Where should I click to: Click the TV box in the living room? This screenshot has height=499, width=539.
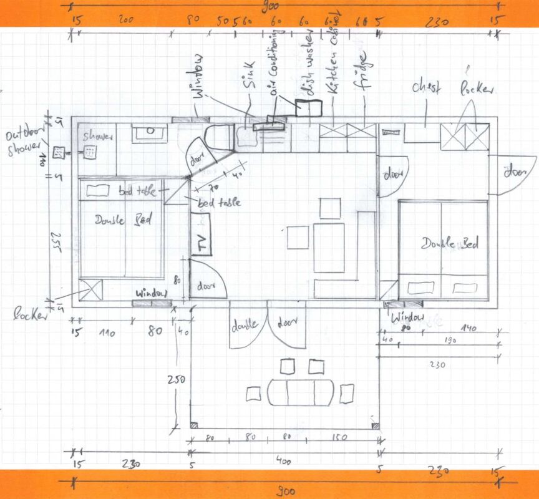point(202,235)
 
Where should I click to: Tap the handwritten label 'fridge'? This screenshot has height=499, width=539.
point(366,74)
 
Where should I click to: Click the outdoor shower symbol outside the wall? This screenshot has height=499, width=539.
point(59,151)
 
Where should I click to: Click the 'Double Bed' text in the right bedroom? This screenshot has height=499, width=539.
point(449,243)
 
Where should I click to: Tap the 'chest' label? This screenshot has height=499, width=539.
point(426,88)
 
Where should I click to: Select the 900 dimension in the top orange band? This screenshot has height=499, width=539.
point(271,8)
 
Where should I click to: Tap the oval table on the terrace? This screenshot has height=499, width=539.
point(300,392)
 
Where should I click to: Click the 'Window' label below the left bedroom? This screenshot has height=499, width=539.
point(150,293)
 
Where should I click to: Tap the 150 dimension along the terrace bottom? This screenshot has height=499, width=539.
point(341,437)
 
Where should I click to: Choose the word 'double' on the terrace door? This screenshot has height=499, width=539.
point(245,326)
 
